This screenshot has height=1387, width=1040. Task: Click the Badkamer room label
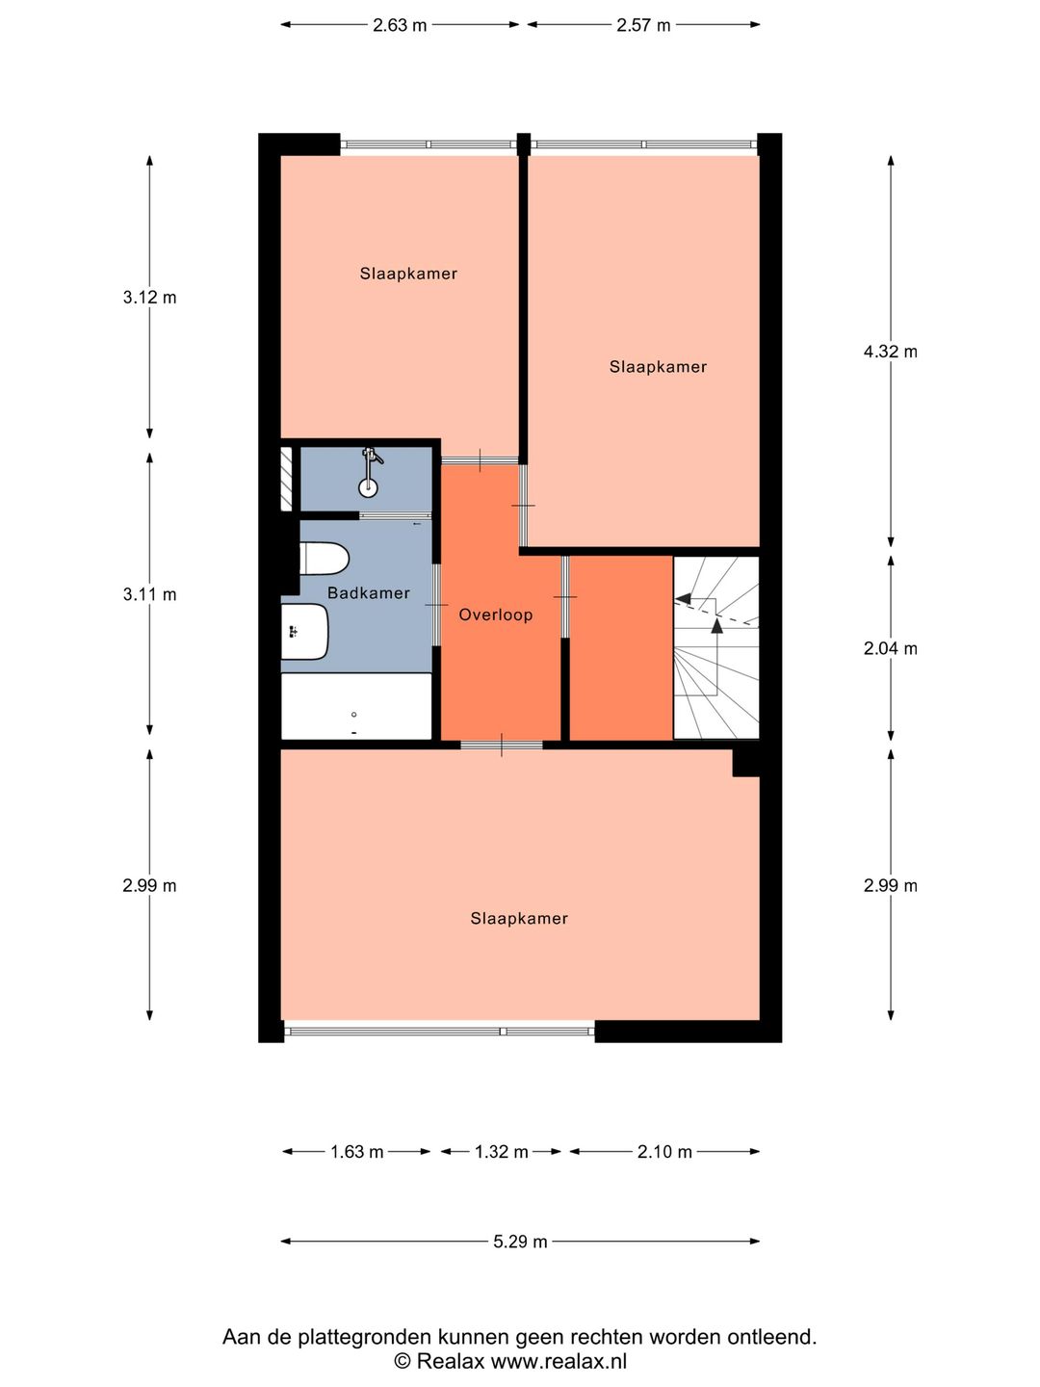368,592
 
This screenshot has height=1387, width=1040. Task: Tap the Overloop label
496,615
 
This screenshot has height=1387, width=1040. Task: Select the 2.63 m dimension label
399,25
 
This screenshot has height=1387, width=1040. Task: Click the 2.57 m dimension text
643,25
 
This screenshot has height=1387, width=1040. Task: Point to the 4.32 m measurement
891,352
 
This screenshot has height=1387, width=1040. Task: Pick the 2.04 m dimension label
891,648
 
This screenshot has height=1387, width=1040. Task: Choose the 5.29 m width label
520,1242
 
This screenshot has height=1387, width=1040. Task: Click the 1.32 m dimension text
501,1152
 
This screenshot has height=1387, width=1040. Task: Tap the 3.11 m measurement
149,594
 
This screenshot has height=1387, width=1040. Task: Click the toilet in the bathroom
324,559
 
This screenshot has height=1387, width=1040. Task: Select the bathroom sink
304,631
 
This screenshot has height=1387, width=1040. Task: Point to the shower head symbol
370,472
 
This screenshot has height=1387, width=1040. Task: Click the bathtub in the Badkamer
356,706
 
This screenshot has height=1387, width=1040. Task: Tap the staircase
716,647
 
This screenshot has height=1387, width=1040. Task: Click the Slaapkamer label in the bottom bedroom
519,918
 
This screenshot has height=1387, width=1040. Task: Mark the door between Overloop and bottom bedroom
502,745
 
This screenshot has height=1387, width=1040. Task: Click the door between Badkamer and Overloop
436,605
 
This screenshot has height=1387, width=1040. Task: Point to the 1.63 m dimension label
356,1152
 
